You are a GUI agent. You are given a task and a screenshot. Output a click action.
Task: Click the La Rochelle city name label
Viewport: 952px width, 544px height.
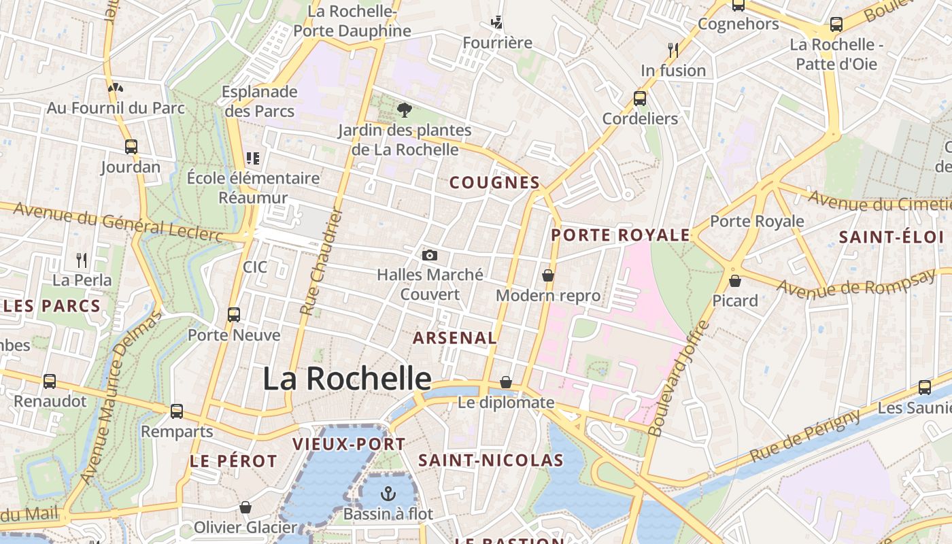(347, 379)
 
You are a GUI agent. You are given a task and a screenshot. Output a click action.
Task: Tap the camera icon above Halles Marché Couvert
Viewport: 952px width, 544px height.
(429, 256)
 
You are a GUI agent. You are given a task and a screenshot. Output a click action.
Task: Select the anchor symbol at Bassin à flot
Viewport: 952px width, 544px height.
(388, 494)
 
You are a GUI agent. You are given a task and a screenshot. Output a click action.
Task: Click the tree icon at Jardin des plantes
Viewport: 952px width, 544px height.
(405, 109)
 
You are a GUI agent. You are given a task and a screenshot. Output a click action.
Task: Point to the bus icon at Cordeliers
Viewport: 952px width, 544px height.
(640, 99)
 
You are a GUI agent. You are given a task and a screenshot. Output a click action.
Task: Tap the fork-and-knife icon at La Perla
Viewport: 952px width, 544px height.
(82, 260)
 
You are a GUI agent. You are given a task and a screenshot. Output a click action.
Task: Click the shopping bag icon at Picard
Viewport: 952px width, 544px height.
(734, 280)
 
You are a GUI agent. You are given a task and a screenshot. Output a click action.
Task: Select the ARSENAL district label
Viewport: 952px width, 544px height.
(455, 338)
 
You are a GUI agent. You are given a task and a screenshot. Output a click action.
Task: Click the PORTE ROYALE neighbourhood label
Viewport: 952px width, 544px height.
(620, 236)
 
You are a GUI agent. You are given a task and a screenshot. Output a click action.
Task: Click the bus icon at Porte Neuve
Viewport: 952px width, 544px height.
(234, 315)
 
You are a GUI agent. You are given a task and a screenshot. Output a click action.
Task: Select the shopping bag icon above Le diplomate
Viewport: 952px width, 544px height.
(505, 382)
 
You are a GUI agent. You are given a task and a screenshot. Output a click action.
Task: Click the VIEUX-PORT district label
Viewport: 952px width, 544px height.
(349, 445)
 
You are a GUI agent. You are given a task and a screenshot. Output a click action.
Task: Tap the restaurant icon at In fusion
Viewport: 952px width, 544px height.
(673, 50)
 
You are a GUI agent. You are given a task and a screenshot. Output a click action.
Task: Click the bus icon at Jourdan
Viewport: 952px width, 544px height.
(131, 147)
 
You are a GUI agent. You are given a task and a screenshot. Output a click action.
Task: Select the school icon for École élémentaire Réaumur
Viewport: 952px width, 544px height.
(253, 158)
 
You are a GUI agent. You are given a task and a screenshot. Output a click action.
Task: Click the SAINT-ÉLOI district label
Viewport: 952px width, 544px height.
(891, 237)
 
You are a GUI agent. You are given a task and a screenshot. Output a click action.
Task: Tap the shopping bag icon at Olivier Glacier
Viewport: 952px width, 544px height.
(245, 507)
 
